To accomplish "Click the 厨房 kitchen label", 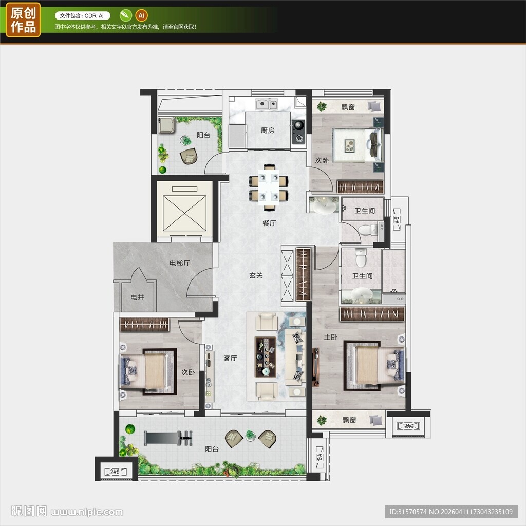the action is pos(267,130).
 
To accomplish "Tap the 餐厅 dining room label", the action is pos(269,223).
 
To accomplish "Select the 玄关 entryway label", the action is pos(256,275).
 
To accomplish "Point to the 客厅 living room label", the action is pos(230,358).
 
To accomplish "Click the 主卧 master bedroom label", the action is pos(330,337).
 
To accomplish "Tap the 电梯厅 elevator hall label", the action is pos(180,263).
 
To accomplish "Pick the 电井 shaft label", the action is pos(137,297).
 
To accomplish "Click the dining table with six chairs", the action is pos(269,187).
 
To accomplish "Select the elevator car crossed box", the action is pos(184,213).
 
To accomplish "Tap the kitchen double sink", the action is pos(267,104).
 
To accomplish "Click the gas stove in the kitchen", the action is pos(298,132).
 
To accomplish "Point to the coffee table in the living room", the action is pos(266,357).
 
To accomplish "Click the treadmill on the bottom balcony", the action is pos(168,438).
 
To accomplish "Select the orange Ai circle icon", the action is pos(142,15).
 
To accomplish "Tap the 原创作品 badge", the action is pos(23,20).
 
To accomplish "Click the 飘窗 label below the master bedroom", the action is pos(349,420).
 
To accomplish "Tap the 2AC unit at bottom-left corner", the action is pos(116,472).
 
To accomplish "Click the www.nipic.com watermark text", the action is pos(87,512).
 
